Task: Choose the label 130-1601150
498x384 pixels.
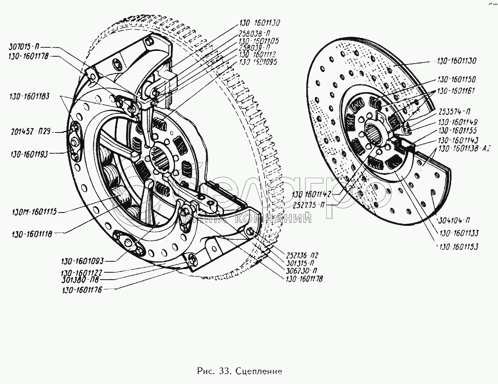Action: coord(457,79)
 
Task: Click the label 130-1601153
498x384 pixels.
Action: coord(458,246)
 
